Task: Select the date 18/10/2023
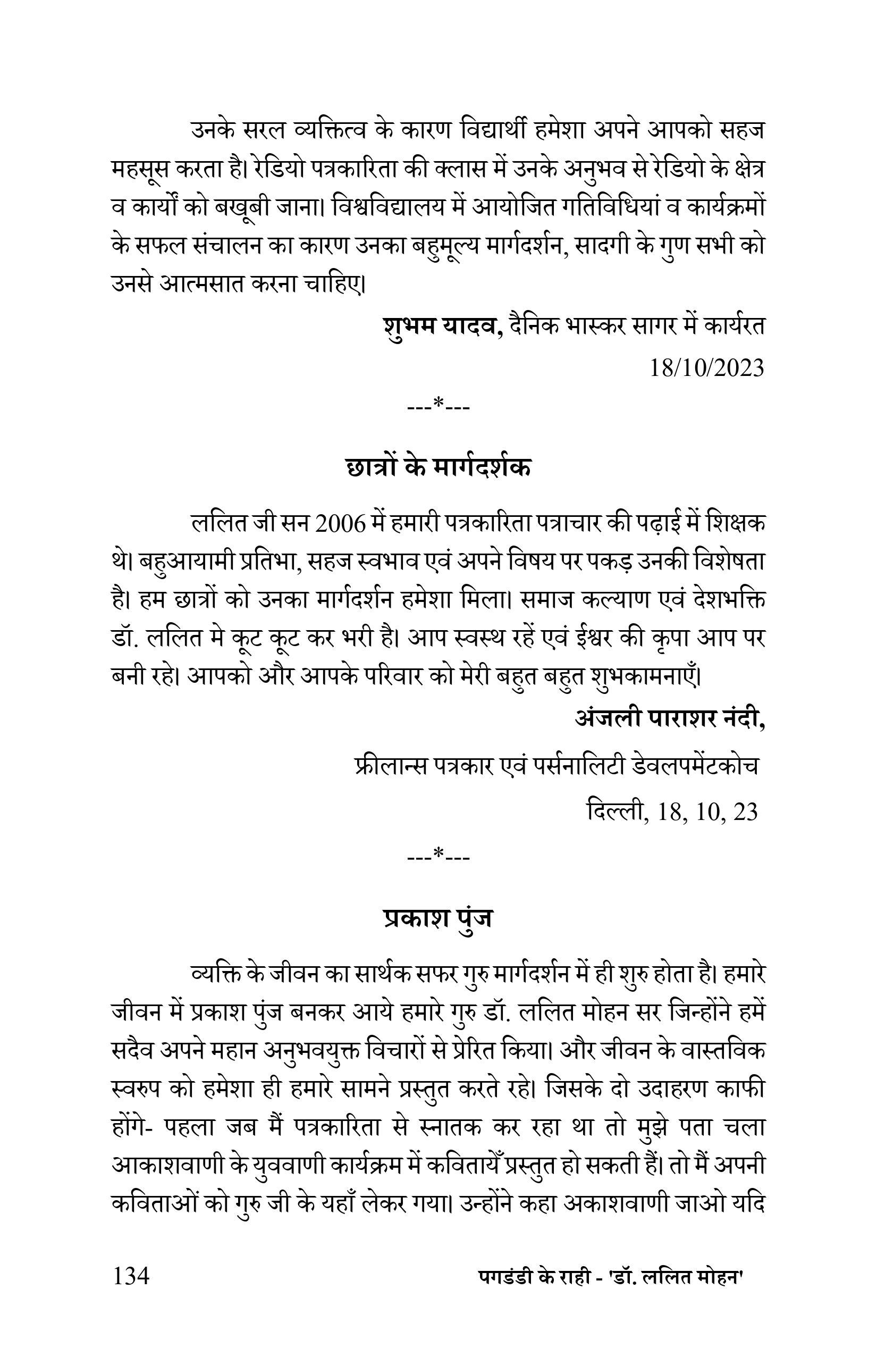706,369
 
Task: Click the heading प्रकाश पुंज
438,917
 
